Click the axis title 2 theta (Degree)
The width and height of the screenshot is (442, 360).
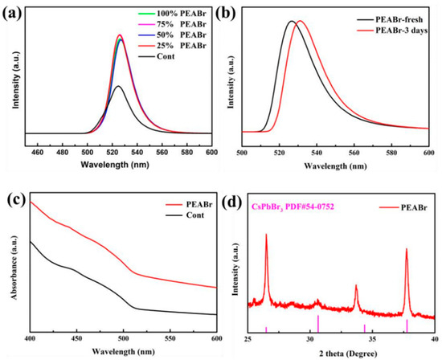pyautogui.click(x=341, y=352)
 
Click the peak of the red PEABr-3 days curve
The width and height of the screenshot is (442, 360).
pyautogui.click(x=299, y=22)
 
